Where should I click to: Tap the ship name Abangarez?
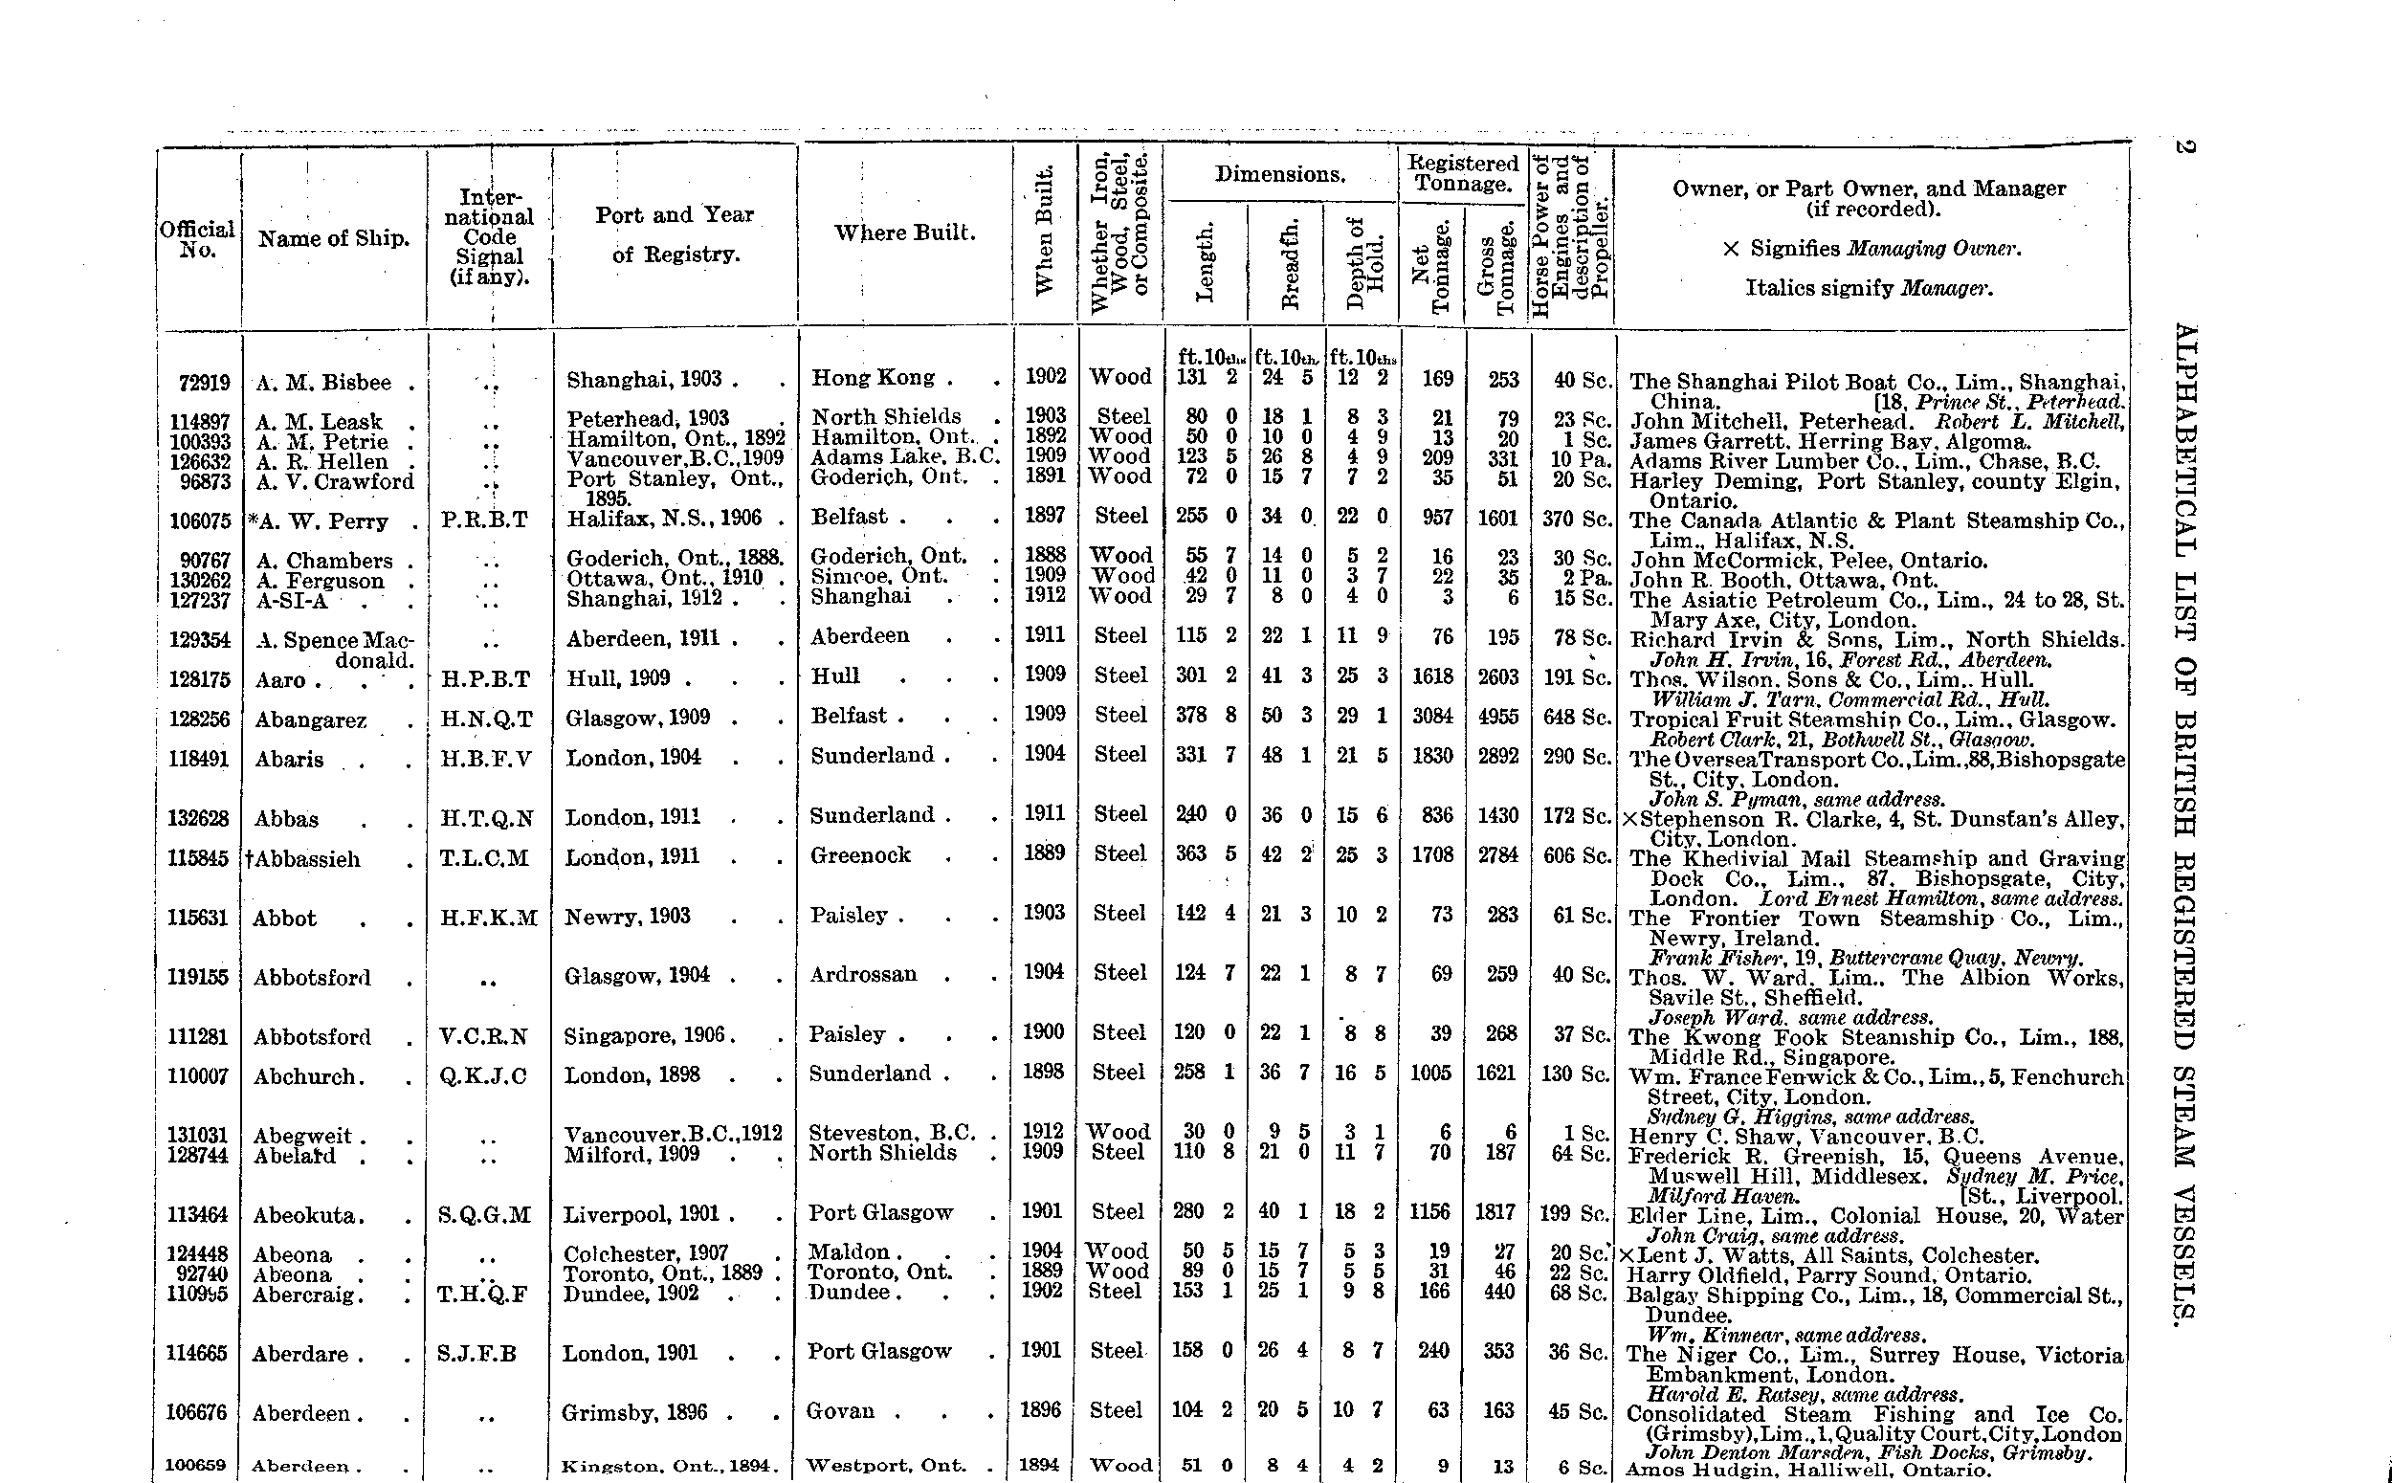pyautogui.click(x=311, y=719)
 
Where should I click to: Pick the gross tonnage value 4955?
pyautogui.click(x=1497, y=717)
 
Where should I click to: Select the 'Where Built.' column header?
pyautogui.click(x=904, y=233)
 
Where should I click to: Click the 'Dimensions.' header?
pyautogui.click(x=1280, y=174)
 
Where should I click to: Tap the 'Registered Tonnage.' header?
pyautogui.click(x=1463, y=173)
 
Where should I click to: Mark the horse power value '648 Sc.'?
pyautogui.click(x=1577, y=717)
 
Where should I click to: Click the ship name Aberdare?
pyautogui.click(x=308, y=1355)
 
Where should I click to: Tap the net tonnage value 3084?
pyautogui.click(x=1432, y=717)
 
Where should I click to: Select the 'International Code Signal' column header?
pyautogui.click(x=488, y=237)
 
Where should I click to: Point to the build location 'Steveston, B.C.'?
pyautogui.click(x=892, y=1133)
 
